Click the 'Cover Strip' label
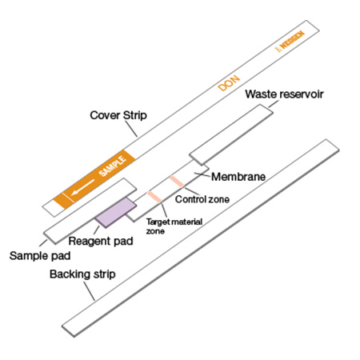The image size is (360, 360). (x=118, y=115)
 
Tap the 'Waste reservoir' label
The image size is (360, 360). (x=284, y=94)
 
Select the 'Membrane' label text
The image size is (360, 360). (x=238, y=177)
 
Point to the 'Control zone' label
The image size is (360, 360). (x=202, y=199)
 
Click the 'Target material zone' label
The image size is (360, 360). (x=174, y=226)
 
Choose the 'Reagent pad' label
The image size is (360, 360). (x=101, y=241)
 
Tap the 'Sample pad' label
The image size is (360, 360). (x=40, y=256)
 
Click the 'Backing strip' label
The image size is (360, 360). (x=82, y=274)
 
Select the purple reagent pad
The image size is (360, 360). (x=116, y=213)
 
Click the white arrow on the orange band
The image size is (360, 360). (x=83, y=187)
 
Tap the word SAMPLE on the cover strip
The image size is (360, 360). (x=112, y=166)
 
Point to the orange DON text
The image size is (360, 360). (x=229, y=83)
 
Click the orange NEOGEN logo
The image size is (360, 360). (x=290, y=42)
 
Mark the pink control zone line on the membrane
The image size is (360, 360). (x=176, y=182)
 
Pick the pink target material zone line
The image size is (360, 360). (x=154, y=197)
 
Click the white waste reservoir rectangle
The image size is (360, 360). (x=231, y=134)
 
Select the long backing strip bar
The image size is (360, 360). (x=201, y=238)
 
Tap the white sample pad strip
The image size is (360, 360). (x=90, y=211)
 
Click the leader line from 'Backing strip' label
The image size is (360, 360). (x=90, y=291)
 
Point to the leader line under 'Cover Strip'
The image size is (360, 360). (x=131, y=129)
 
